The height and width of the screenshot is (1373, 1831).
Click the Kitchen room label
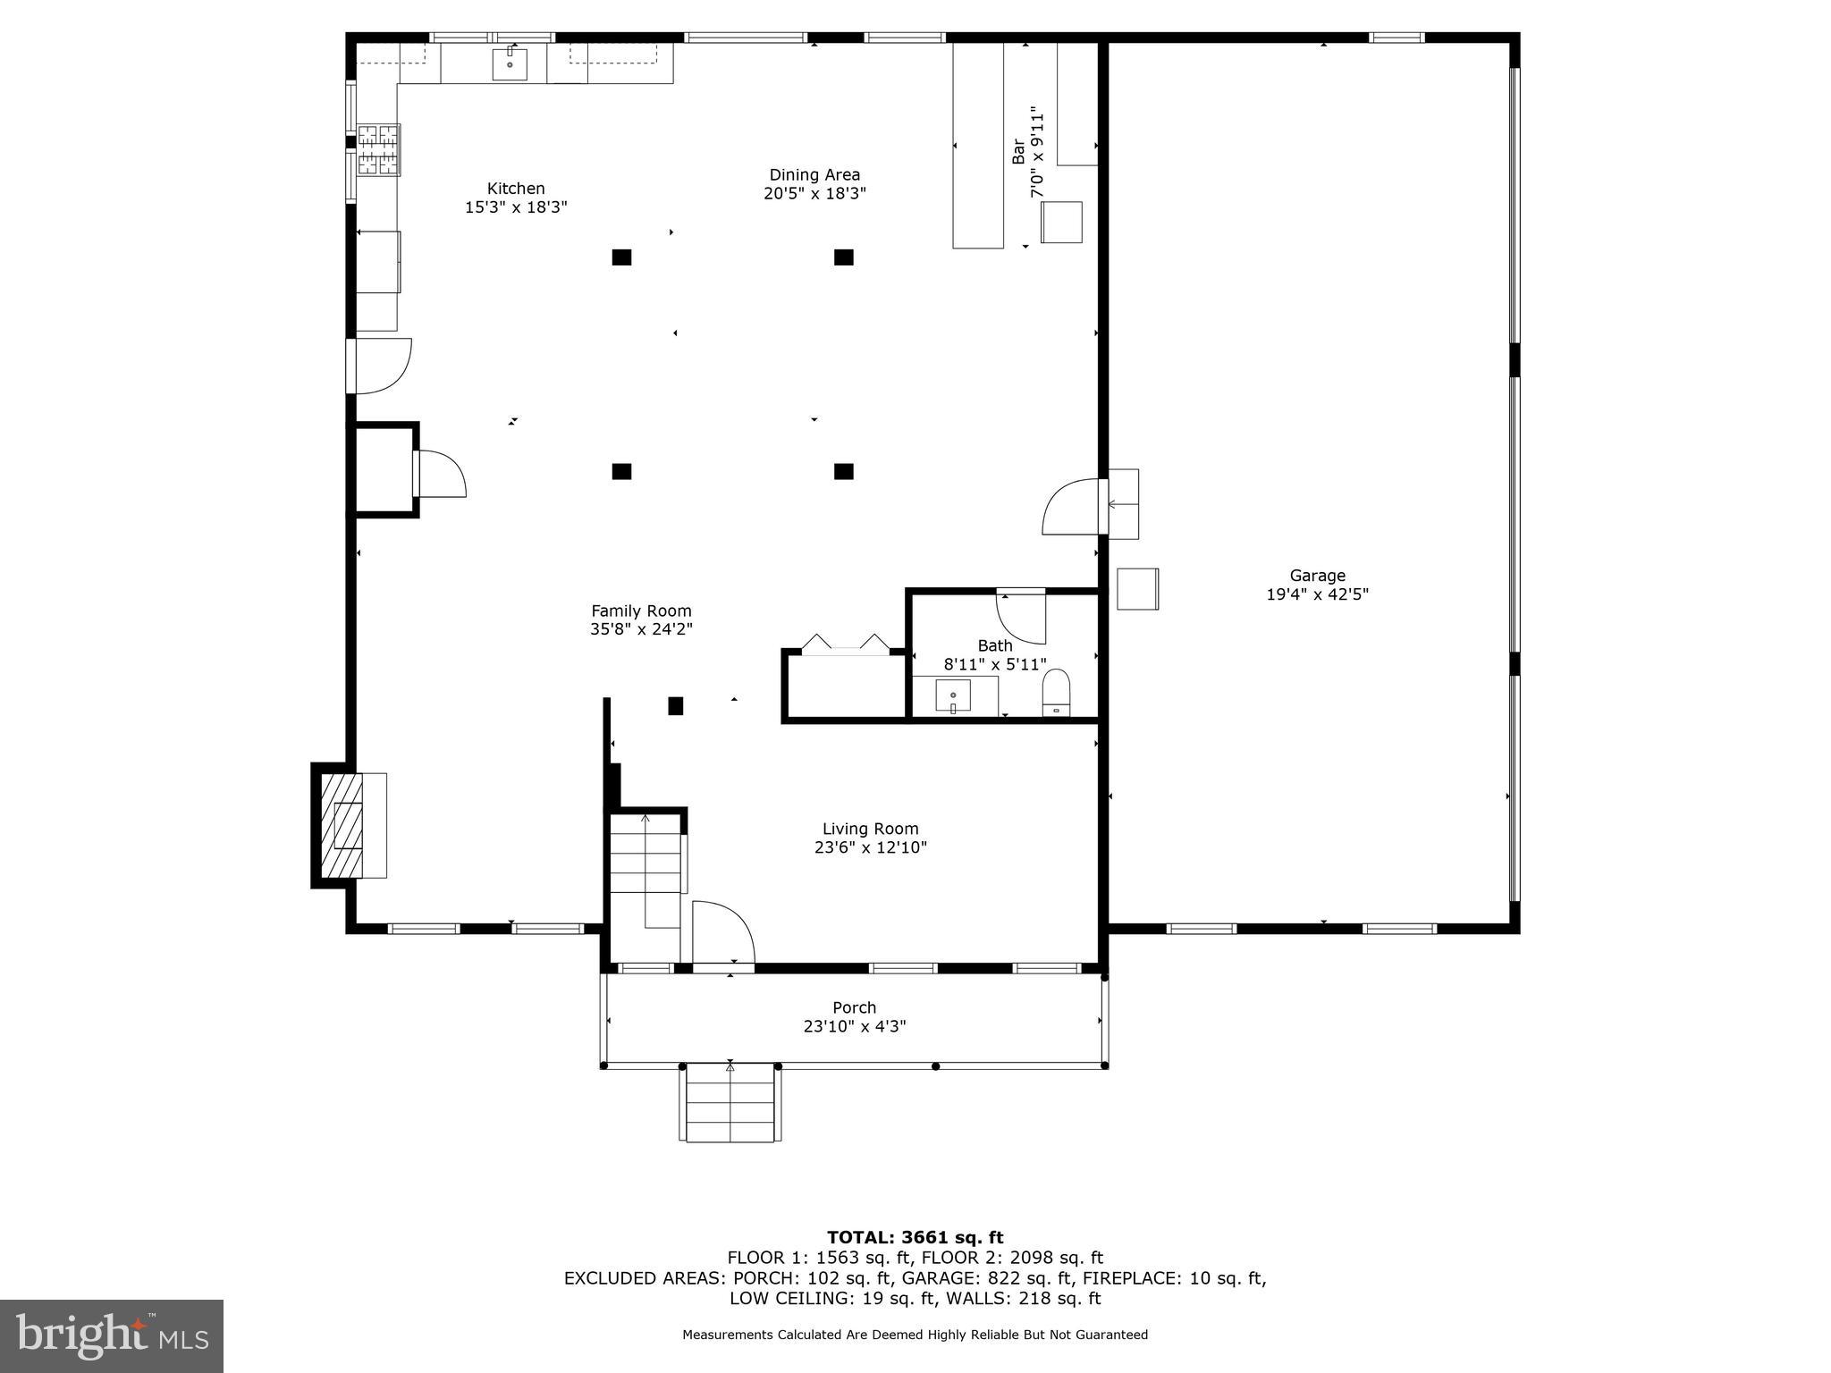click(516, 189)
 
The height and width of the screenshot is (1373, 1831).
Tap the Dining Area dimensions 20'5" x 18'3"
click(814, 194)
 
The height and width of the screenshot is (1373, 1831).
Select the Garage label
click(1317, 576)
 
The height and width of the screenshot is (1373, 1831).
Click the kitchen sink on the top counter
click(510, 64)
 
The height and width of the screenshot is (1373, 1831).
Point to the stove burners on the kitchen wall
click(378, 149)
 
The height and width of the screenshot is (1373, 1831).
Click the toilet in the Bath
click(1056, 695)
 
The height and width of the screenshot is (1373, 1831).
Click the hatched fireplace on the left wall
click(342, 824)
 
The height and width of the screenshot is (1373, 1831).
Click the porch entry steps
click(730, 1102)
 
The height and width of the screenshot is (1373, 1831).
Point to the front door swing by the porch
click(722, 933)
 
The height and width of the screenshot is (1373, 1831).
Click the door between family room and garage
click(1072, 507)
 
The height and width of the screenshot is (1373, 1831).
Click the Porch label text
click(854, 1007)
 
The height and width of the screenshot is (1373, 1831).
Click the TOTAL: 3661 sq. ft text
click(915, 1238)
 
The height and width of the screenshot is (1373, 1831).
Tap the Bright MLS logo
click(112, 1335)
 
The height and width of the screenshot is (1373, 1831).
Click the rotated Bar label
click(1018, 151)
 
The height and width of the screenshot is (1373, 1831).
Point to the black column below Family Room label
click(676, 706)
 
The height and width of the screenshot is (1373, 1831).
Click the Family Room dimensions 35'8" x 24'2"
click(641, 629)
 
